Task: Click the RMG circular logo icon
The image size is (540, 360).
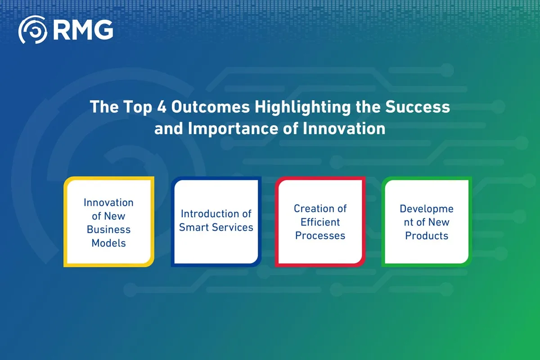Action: (x=32, y=30)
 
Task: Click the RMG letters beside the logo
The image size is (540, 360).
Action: (x=83, y=30)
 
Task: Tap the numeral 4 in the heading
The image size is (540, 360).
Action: (x=162, y=107)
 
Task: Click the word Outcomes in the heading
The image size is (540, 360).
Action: (x=211, y=107)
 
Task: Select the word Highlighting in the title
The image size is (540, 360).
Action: (x=303, y=108)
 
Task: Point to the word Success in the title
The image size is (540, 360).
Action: (x=418, y=107)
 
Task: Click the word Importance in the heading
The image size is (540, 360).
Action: (x=233, y=129)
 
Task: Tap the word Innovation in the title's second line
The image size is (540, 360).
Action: (x=344, y=128)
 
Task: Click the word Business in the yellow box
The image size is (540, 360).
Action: (x=108, y=229)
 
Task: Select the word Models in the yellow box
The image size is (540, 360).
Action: (x=109, y=243)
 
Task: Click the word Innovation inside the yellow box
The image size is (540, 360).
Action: (x=108, y=202)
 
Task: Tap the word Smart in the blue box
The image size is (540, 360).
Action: (x=193, y=227)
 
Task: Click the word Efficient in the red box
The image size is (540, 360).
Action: (x=320, y=222)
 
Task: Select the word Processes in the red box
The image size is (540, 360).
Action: (x=320, y=236)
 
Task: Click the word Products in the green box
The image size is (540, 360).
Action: (x=427, y=236)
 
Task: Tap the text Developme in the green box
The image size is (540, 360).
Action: (x=427, y=209)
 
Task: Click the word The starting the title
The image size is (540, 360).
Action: (x=104, y=107)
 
